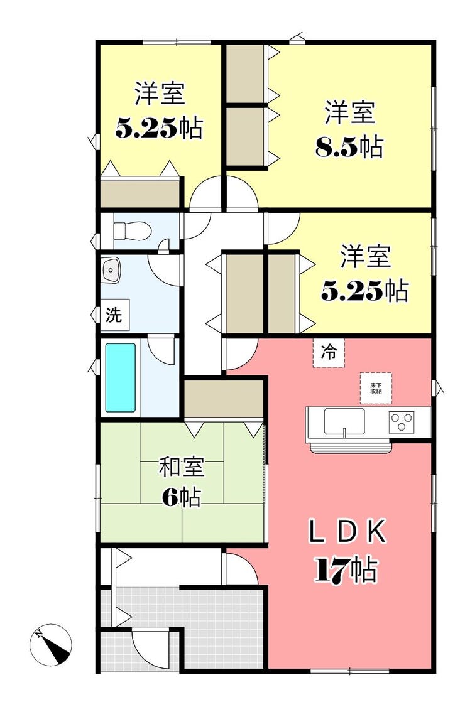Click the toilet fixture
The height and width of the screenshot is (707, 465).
pos(131,231)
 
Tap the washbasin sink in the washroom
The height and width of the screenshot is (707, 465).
pos(111,269)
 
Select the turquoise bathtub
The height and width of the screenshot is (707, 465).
pos(121,378)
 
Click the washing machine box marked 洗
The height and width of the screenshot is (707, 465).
pos(115,315)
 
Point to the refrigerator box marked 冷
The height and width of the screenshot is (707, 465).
pos(329,352)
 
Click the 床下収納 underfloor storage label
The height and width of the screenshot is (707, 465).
pos(376,388)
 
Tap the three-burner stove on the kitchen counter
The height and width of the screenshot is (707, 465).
pos(402,422)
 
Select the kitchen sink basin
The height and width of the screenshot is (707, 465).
pos(344,421)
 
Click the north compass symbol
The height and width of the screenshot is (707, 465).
pos(51,644)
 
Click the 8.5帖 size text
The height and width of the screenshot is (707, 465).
pos(349,147)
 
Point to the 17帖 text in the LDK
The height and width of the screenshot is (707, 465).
pos(346,571)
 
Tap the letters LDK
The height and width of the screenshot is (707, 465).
pos(347,532)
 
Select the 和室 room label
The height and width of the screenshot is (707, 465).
pos(182,467)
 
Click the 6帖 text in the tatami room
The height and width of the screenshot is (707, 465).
pos(182,497)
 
